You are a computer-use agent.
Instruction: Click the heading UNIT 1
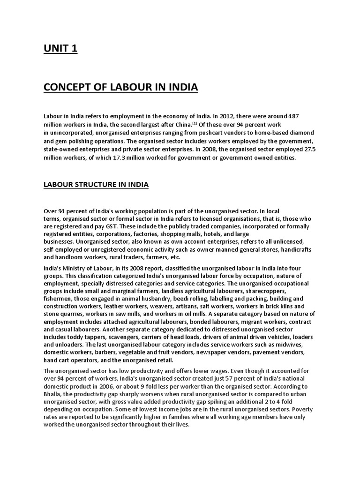60,49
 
